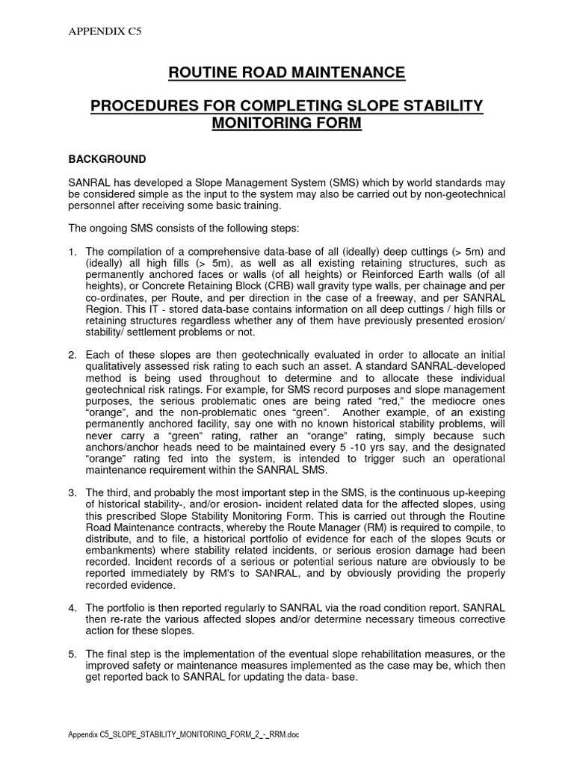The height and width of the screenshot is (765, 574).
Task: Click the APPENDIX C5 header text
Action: [96, 31]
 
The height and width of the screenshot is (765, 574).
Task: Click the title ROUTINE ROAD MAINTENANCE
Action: [286, 72]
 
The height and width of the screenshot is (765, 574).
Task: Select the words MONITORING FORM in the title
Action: [286, 123]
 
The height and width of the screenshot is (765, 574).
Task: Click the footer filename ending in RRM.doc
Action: [184, 735]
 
